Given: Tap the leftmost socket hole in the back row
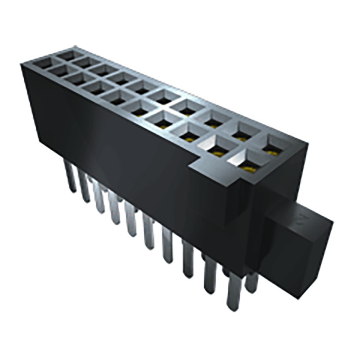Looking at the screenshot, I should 67,55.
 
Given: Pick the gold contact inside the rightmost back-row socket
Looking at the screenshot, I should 271,152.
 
